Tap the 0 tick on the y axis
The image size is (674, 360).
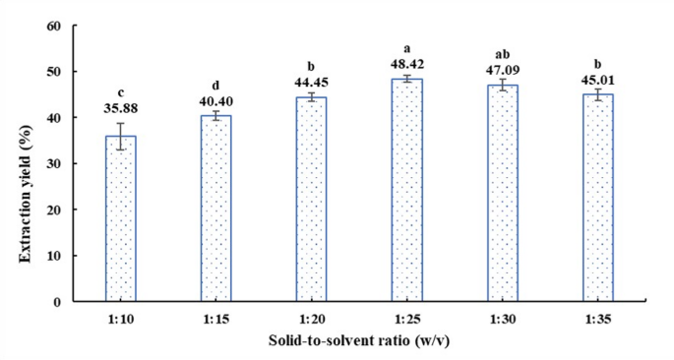pos(57,302)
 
